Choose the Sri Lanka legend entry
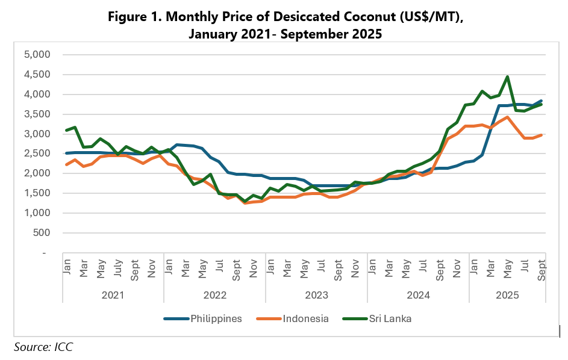(389, 318)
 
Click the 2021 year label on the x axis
(113, 295)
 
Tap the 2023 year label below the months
(316, 295)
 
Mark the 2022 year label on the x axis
(214, 295)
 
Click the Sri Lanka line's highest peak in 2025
(508, 76)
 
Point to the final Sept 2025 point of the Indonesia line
(541, 135)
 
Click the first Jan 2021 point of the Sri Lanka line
(66, 130)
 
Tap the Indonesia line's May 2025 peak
(508, 117)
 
